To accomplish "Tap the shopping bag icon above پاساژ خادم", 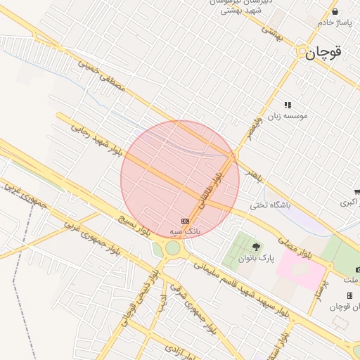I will point(335,11).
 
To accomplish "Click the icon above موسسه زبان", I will point(287,105).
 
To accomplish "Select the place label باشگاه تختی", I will point(270,206).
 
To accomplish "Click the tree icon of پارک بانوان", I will point(255,247).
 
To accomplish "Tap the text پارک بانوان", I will point(256,259).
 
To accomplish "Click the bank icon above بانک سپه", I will point(185,221).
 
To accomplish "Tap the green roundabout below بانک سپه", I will point(173,248).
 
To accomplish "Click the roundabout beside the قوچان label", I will point(302,52).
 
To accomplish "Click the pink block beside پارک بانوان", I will point(301,266).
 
